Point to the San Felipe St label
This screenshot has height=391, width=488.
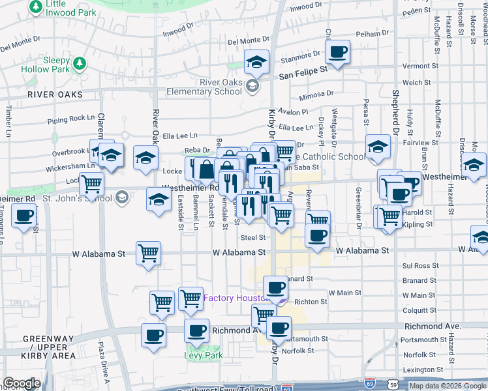click(x=303, y=75)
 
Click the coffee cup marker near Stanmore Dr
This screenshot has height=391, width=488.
click(x=338, y=52)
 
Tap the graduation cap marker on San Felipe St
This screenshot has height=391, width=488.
click(x=257, y=62)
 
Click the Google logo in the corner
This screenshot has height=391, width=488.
click(x=22, y=384)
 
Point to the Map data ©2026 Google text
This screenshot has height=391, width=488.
click(x=448, y=386)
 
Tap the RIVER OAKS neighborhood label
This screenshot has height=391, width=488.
click(x=55, y=94)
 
